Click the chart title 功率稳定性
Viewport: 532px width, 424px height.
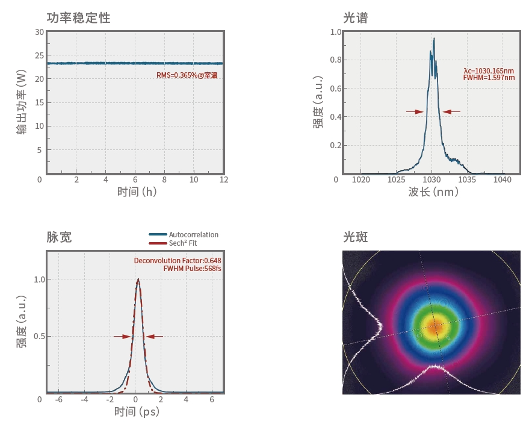78,18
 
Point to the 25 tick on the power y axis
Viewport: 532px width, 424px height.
40,55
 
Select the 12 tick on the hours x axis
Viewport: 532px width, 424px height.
224,180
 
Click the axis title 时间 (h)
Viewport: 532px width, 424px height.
137,192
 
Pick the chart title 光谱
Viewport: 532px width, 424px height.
355,18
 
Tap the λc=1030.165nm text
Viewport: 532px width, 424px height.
489,70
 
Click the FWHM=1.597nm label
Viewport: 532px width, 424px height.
489,78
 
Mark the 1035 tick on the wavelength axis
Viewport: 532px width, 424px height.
467,179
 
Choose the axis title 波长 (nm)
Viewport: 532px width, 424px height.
433,192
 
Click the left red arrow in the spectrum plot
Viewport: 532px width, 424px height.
415,111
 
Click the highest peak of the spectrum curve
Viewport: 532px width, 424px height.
433,39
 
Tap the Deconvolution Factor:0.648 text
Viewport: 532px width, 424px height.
178,261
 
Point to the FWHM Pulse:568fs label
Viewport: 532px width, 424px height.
192,269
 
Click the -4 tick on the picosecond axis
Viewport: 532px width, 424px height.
84,399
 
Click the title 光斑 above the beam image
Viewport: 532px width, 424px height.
355,237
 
